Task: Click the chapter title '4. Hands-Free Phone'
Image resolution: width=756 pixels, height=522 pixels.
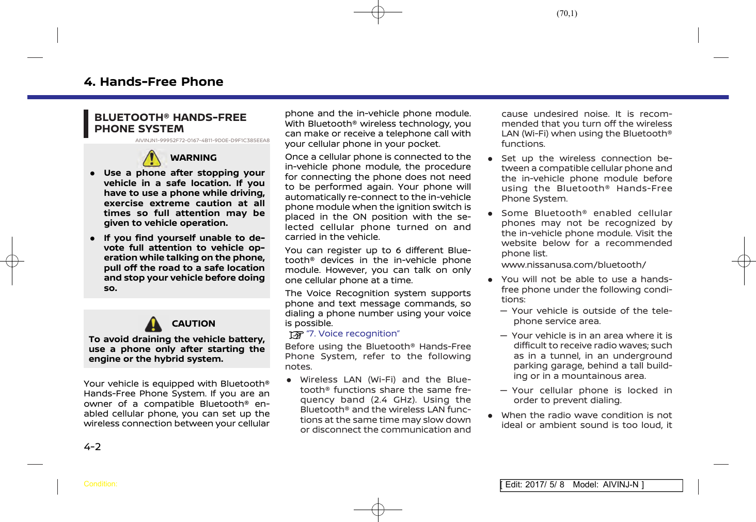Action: point(153,82)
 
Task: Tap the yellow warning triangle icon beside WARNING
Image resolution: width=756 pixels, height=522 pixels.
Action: point(152,158)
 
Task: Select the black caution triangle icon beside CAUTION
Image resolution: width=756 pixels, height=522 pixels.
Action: point(153,324)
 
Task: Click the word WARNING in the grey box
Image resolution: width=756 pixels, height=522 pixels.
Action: point(193,158)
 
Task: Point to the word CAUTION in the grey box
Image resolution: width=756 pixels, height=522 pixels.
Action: point(193,324)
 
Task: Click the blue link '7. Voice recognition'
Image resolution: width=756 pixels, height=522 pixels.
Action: point(353,334)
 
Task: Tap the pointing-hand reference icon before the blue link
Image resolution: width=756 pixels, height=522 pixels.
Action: point(296,335)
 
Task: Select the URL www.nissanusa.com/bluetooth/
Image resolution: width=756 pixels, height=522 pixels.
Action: point(573,265)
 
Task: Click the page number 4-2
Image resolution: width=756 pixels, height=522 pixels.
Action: point(92,447)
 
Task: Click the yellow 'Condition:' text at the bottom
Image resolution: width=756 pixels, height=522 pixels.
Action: point(100,484)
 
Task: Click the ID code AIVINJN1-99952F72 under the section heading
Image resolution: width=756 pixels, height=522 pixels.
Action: point(202,141)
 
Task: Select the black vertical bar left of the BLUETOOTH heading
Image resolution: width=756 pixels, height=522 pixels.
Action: point(86,124)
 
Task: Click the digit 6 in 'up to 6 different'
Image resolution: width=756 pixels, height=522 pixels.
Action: point(398,251)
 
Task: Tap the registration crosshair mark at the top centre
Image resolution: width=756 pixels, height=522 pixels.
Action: point(378,12)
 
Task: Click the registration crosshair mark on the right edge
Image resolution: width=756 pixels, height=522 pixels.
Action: point(744,261)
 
